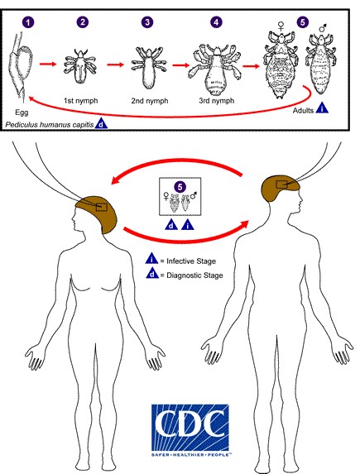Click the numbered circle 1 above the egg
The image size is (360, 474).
pyautogui.click(x=28, y=22)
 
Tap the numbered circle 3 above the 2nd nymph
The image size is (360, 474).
pyautogui.click(x=147, y=22)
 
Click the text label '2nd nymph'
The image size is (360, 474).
pyautogui.click(x=150, y=101)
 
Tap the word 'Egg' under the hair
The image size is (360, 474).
pyautogui.click(x=22, y=113)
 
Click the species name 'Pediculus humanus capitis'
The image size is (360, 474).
pyautogui.click(x=50, y=125)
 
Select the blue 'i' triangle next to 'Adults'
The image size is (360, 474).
pyautogui.click(x=322, y=108)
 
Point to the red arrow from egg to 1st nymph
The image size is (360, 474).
pyautogui.click(x=48, y=64)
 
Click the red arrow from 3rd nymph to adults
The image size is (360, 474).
pyautogui.click(x=251, y=66)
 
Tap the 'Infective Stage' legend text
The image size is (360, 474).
pyautogui.click(x=191, y=261)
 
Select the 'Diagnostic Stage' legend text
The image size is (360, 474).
pyautogui.click(x=194, y=275)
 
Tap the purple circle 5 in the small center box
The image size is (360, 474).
pyautogui.click(x=180, y=187)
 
